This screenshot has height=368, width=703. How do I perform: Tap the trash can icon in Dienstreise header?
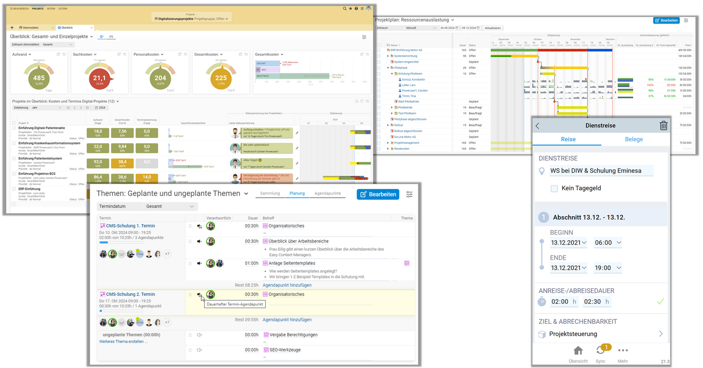[663, 125]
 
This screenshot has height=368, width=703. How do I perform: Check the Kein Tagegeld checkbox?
[554, 189]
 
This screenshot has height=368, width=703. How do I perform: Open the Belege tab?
[634, 139]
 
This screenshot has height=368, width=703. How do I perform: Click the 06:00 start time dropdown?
[608, 243]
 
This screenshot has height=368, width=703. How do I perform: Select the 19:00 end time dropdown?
[608, 268]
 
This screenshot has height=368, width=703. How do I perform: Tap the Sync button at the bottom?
[601, 353]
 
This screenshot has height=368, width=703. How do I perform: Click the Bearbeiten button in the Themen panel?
[378, 194]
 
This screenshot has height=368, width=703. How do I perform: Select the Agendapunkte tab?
[327, 193]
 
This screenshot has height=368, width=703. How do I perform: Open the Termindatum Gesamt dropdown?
[148, 207]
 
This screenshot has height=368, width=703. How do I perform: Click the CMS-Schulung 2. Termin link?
[130, 294]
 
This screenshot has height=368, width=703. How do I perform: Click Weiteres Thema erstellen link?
[124, 341]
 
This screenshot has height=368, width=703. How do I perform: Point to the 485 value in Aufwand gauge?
[39, 78]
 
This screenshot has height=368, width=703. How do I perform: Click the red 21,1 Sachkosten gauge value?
[99, 78]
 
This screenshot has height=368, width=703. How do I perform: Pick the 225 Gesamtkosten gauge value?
[221, 78]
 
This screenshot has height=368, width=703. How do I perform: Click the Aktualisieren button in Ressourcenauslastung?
[493, 28]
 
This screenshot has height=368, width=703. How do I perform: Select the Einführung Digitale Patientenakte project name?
[38, 128]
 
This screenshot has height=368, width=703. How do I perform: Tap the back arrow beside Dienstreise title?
[538, 126]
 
